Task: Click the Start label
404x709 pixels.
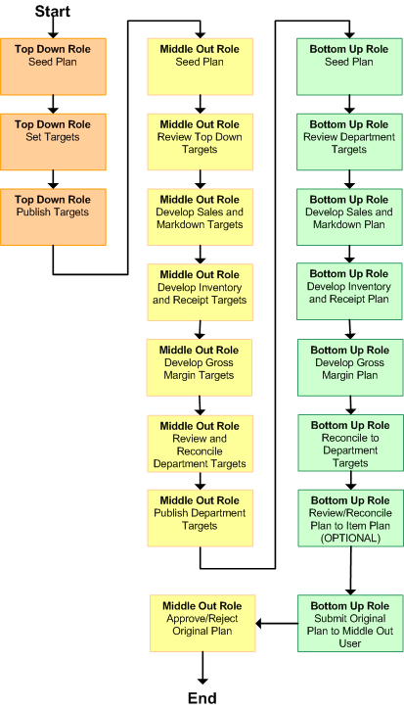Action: pos(53,11)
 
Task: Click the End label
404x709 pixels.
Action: pos(202,697)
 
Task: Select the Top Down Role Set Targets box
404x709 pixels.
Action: pos(53,142)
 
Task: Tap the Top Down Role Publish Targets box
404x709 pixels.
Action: pos(53,217)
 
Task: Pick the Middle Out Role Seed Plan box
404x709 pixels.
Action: pos(201,67)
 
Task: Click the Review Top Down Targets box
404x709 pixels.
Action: pos(201,142)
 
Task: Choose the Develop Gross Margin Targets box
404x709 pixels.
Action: pos(200,367)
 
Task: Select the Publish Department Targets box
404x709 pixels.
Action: pos(200,518)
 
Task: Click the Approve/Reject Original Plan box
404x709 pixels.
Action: pos(202,623)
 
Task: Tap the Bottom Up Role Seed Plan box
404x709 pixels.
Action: pos(349,67)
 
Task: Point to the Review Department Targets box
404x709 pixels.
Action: pos(349,142)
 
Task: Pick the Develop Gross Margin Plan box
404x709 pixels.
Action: pos(350,367)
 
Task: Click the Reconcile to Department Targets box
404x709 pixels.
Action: pos(350,443)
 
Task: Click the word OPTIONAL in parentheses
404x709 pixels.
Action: pos(350,538)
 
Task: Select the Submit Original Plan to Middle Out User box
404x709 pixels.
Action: pos(350,623)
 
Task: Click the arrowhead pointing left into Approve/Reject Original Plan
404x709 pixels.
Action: pos(259,624)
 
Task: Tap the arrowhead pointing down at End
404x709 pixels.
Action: pos(202,681)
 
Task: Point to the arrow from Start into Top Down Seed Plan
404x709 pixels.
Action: pos(53,28)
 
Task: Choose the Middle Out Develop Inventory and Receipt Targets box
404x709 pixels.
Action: pos(201,292)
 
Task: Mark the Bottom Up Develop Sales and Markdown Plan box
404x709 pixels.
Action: pos(349,217)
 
